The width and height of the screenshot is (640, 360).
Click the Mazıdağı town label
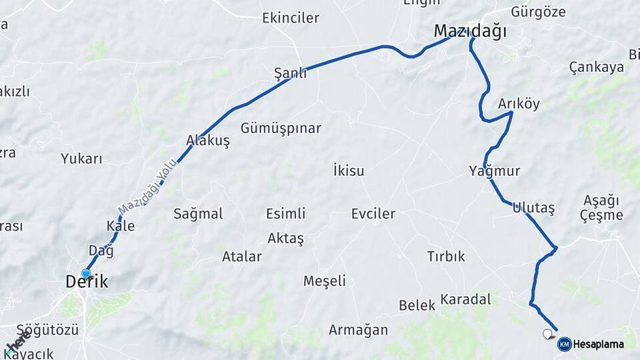click(470, 31)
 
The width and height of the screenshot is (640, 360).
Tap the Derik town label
click(87, 282)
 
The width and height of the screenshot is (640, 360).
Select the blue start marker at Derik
click(86, 273)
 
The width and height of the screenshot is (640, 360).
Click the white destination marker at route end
click(549, 334)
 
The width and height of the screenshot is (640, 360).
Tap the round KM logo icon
click(564, 344)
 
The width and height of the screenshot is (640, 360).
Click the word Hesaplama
click(599, 345)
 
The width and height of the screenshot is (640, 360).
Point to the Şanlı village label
click(291, 73)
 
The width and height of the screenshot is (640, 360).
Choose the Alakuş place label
click(208, 141)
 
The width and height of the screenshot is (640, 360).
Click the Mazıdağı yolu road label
click(148, 186)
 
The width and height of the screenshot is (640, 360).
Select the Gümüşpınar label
click(281, 128)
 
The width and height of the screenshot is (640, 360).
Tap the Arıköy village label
click(519, 104)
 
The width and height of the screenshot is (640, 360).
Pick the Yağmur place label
click(494, 171)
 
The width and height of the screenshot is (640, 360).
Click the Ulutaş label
click(533, 207)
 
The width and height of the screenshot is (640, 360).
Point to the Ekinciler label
click(291, 18)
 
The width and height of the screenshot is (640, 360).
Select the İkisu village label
click(349, 171)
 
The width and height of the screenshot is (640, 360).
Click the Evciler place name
click(373, 214)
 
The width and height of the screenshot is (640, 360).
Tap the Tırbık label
click(446, 257)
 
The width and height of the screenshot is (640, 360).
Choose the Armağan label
click(358, 330)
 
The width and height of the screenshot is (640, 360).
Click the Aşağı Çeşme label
click(601, 208)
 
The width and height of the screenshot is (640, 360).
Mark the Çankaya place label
click(597, 67)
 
